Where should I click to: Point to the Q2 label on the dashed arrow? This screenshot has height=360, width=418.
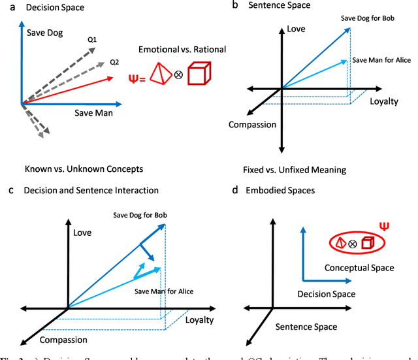114,62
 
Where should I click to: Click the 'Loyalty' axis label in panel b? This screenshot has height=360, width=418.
383,101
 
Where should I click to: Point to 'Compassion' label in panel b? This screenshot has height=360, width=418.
251,124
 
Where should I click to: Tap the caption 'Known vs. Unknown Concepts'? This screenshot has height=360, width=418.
84,169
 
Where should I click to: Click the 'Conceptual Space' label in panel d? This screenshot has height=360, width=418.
359,268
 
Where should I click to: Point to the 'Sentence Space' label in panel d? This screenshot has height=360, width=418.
306,326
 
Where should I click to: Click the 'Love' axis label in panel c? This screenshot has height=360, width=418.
82,231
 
